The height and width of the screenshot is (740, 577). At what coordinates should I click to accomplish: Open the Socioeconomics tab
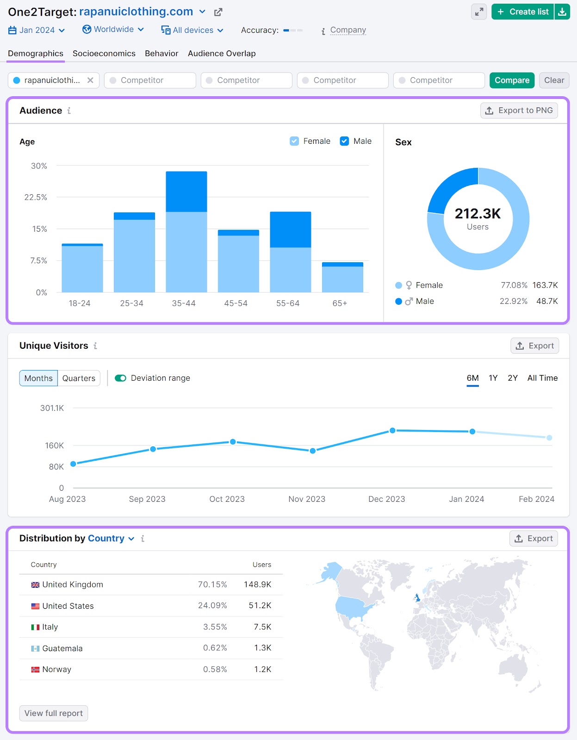pos(104,54)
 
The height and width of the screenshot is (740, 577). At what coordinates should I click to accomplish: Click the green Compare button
pos(512,80)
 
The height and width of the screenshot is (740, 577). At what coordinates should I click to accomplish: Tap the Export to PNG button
pos(519,111)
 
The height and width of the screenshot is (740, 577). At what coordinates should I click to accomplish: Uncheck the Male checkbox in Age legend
pos(344,141)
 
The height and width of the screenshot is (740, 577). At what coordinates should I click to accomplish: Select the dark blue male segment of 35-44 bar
pos(186,191)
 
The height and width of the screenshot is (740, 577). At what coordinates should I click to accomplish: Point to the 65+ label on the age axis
pos(340,303)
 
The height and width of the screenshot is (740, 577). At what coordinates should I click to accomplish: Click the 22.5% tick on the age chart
pos(36,197)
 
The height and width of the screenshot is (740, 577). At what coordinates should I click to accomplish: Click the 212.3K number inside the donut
pos(478,214)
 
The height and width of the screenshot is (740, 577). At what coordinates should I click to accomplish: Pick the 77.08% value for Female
pos(514,285)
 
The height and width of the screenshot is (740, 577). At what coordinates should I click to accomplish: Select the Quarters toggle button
pos(79,378)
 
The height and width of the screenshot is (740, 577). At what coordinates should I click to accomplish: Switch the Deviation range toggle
pos(121,378)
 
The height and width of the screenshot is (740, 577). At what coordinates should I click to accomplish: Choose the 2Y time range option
pos(512,378)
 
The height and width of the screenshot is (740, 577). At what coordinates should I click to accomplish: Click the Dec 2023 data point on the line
pos(392,431)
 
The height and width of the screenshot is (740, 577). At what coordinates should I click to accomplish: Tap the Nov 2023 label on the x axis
pos(307,499)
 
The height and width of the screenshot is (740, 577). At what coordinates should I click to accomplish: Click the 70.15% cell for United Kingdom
pos(212,585)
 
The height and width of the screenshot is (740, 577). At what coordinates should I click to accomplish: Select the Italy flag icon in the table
pos(35,627)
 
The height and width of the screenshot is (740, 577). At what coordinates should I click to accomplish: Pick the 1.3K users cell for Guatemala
pos(262,648)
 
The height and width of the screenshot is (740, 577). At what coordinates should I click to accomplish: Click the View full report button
pos(54,713)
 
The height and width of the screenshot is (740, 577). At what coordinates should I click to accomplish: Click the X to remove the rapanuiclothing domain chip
pos(90,80)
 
